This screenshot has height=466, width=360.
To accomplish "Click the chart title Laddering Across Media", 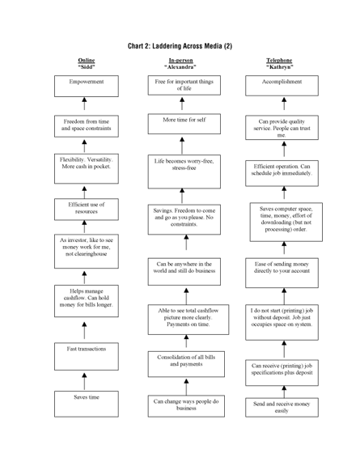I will [x=180, y=46].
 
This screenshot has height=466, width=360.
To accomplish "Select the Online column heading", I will [x=85, y=61].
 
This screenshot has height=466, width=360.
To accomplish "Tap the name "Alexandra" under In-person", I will [x=181, y=67].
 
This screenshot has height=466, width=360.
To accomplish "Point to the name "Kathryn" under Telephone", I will [x=280, y=67].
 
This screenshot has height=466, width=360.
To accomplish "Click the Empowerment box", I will [x=85, y=85].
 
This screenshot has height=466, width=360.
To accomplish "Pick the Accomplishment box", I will [x=282, y=85].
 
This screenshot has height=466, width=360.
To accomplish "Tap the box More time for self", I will [x=184, y=123].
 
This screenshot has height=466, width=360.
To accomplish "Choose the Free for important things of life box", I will [x=184, y=85].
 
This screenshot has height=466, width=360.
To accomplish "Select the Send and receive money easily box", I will [x=282, y=408].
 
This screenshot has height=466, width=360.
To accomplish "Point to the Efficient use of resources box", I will [x=85, y=210].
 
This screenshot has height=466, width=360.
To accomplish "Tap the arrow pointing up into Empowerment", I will [x=85, y=104].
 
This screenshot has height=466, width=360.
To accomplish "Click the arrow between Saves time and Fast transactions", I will [x=85, y=380].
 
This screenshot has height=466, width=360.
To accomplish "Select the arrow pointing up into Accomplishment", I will [x=282, y=104].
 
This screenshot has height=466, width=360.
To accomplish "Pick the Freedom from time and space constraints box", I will [x=85, y=126].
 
